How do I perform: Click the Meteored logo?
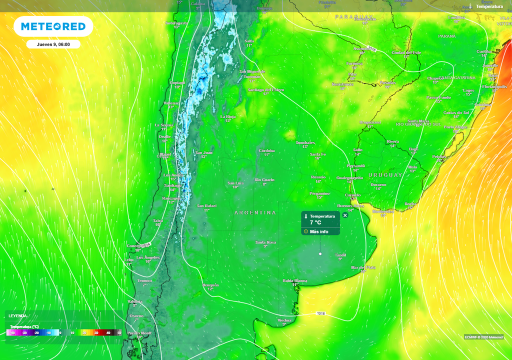53,26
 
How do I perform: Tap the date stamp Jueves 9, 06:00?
53,44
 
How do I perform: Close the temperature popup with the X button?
345,215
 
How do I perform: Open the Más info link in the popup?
319,231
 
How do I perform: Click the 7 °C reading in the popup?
315,222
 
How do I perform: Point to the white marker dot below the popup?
320,254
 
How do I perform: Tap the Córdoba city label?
266,150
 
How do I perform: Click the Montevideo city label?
383,211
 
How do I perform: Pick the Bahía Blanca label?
294,280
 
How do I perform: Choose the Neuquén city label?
210,284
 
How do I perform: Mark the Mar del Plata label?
363,267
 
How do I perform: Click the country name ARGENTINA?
255,212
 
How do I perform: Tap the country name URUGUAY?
385,175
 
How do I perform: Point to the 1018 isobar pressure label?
320,313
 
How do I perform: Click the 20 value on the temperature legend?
84,332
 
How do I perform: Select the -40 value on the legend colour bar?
12,332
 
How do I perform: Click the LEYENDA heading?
17,316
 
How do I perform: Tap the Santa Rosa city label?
265,242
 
